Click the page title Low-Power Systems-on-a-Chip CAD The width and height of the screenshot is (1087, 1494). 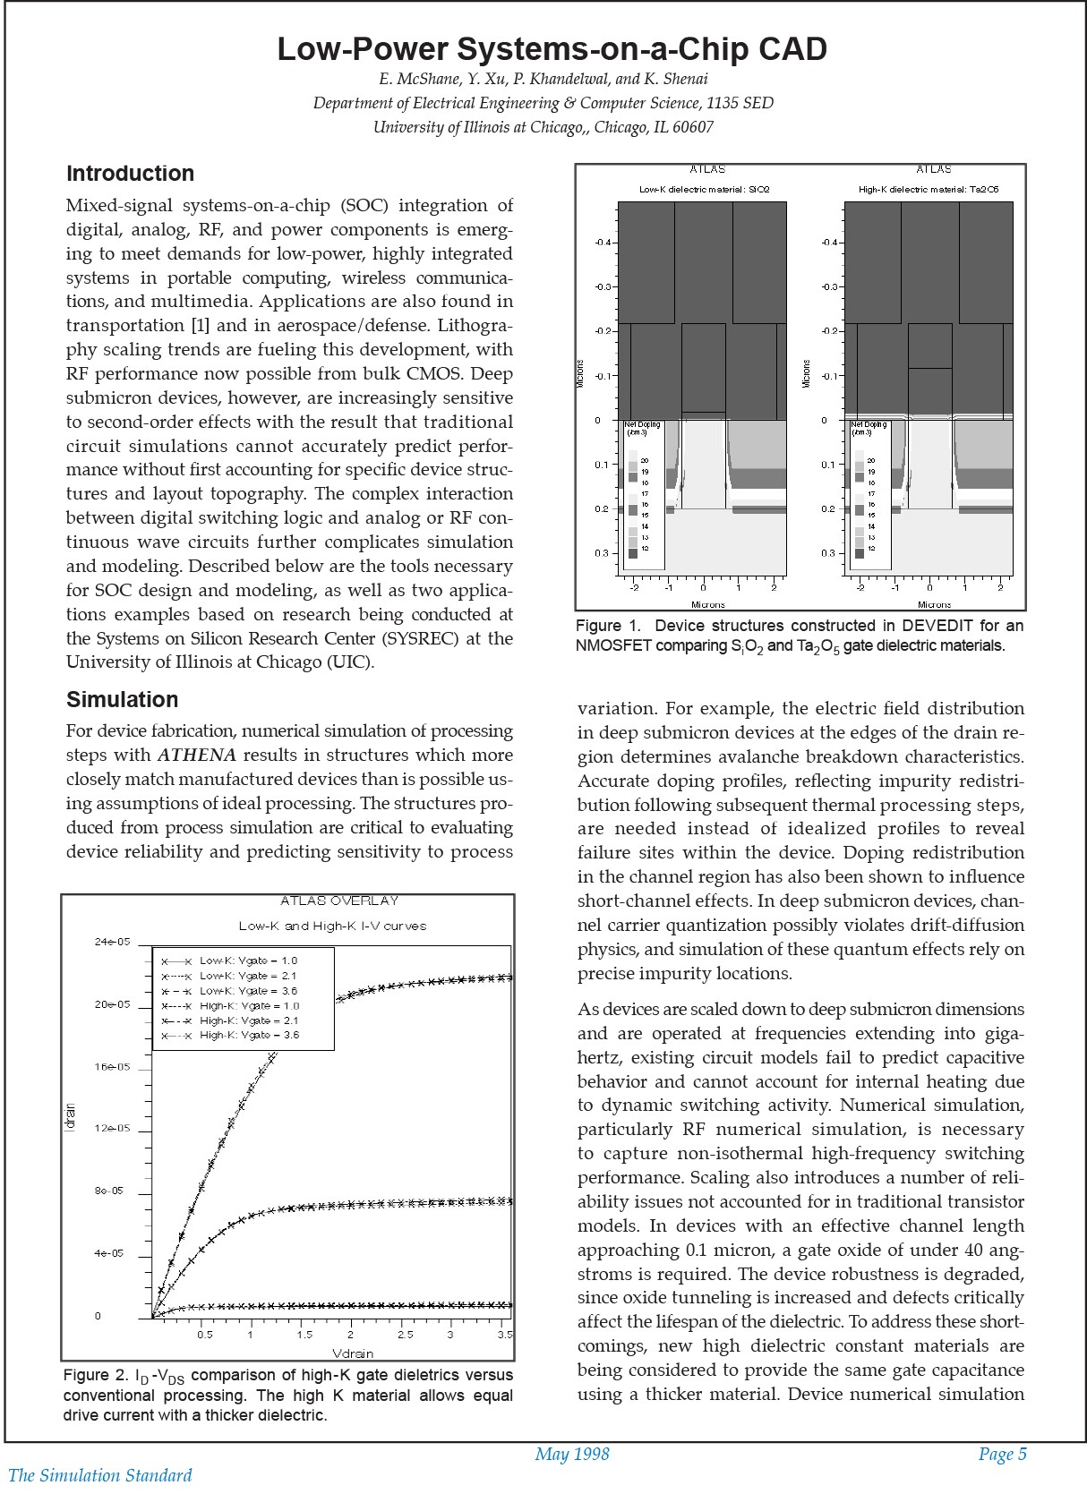(552, 49)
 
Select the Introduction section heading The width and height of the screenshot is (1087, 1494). (130, 174)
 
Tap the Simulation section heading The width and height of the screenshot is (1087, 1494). (122, 700)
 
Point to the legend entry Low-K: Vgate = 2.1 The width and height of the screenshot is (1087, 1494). (247, 976)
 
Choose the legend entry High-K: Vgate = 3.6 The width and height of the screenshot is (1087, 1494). (249, 1035)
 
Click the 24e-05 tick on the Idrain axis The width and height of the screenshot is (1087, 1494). (112, 942)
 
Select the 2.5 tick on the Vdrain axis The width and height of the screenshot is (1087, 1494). (405, 1335)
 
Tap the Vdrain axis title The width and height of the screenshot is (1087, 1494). (353, 1353)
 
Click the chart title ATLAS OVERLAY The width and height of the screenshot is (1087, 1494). (338, 901)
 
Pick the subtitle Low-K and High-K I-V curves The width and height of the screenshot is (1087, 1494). (332, 926)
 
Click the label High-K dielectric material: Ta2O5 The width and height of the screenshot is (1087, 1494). (928, 190)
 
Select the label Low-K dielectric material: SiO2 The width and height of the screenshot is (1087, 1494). (704, 190)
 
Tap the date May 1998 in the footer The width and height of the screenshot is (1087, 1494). (571, 1455)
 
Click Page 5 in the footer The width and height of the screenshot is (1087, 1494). (1002, 1455)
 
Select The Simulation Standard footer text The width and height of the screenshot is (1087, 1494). (100, 1475)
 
